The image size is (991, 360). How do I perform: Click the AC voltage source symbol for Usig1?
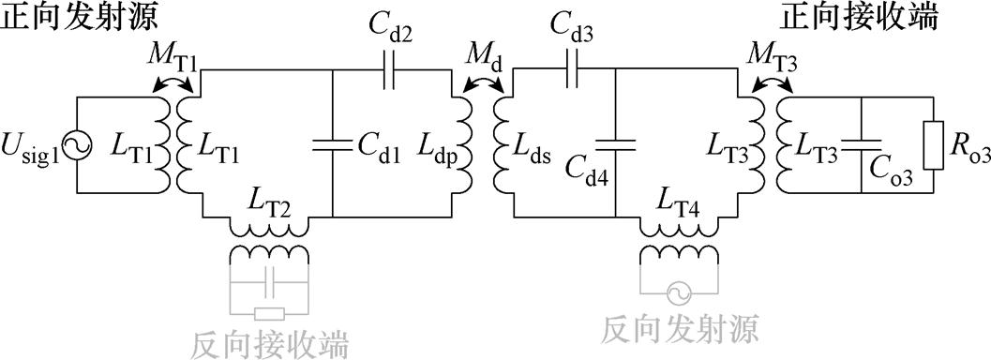[x=76, y=145]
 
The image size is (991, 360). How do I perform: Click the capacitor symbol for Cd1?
[x=333, y=145]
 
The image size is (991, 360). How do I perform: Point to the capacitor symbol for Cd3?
[x=573, y=70]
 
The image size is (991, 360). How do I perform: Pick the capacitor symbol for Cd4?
[x=615, y=145]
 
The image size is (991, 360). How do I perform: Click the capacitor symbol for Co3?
[x=860, y=145]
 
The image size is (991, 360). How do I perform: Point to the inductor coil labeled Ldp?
[x=467, y=145]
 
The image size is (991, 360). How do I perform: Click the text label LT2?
[x=272, y=197]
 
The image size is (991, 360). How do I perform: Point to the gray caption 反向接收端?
[x=270, y=343]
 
